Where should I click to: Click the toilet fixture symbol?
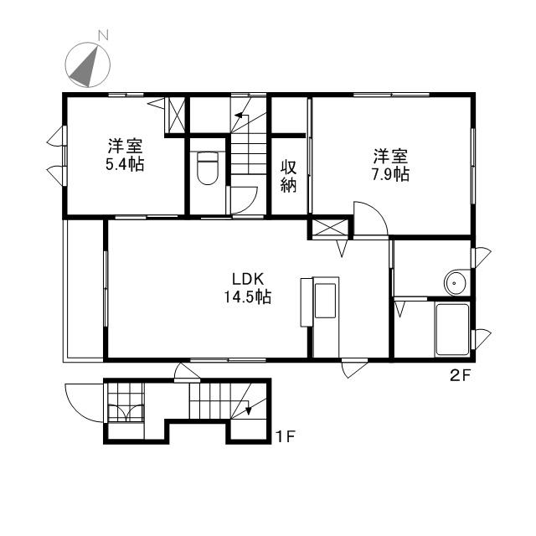point(208,168)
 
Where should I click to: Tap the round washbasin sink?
point(455,283)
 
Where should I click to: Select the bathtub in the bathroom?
point(452,329)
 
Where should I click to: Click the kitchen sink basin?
point(325,301)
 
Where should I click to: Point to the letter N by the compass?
point(103,35)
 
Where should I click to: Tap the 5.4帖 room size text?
point(125,164)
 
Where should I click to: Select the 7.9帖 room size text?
point(390,175)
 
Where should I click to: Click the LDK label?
point(248,279)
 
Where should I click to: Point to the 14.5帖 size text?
point(248,296)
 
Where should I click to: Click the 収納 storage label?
point(288,176)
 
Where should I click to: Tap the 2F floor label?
point(461,376)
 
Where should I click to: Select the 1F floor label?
point(286,436)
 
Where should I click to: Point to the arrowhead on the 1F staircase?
point(249,410)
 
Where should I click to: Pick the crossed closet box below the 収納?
point(330,228)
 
